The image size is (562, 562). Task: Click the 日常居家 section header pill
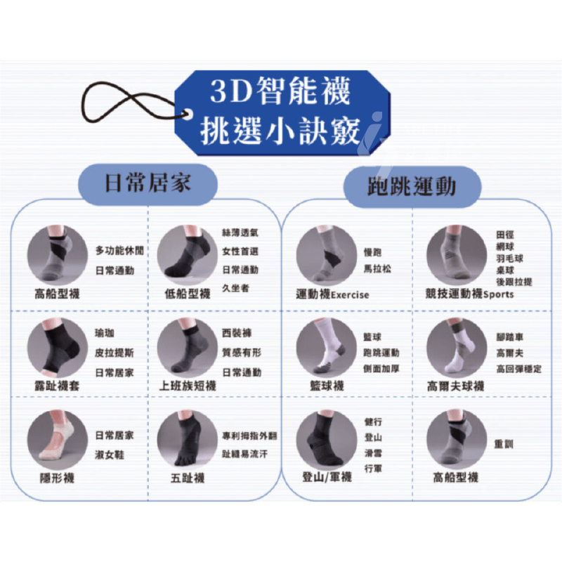[148, 184]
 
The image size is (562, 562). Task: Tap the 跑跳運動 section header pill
[412, 186]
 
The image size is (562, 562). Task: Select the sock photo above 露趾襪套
[58, 347]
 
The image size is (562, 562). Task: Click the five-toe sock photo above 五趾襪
[187, 439]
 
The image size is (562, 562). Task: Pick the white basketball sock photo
[327, 347]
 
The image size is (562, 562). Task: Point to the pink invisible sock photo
[58, 440]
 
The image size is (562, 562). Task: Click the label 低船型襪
[188, 294]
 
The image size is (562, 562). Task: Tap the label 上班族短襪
[188, 386]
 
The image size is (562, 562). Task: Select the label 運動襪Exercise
[332, 294]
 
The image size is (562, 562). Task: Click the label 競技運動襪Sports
[469, 294]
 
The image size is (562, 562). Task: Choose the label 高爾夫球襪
[455, 386]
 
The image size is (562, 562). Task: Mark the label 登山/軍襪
[327, 477]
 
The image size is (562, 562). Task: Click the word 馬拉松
[377, 269]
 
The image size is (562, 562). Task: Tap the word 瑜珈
[104, 333]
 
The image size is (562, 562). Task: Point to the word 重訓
[504, 444]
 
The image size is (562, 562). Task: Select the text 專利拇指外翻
[249, 436]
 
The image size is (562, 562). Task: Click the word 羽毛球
[510, 259]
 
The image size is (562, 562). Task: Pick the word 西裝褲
[237, 333]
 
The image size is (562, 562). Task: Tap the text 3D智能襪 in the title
[280, 91]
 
